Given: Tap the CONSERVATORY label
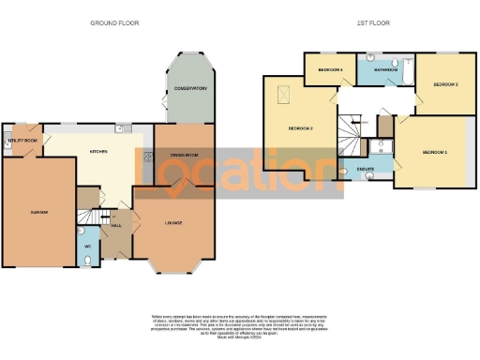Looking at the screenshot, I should pyautogui.click(x=189, y=89).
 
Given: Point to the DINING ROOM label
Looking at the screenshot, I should pyautogui.click(x=183, y=154).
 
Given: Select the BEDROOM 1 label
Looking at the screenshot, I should pyautogui.click(x=434, y=152).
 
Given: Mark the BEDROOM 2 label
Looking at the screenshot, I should pyautogui.click(x=299, y=127).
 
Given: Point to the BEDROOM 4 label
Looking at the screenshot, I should pyautogui.click(x=329, y=70).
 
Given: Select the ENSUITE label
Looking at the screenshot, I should pyautogui.click(x=366, y=169).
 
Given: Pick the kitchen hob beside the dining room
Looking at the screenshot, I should pyautogui.click(x=147, y=157).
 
